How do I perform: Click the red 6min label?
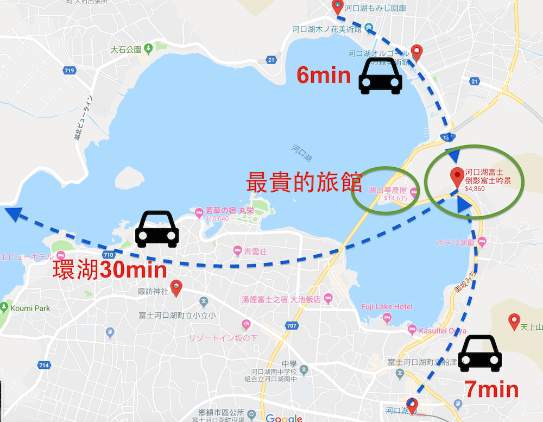pos(323,75)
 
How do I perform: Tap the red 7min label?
pos(491,389)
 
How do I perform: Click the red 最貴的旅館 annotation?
pos(304,182)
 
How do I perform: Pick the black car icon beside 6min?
pos(380,76)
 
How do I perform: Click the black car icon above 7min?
pos(479,354)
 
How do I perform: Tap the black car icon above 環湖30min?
pos(156,229)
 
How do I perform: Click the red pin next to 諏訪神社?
pos(176,288)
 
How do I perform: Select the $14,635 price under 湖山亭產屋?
pos(395,198)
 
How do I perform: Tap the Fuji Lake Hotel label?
pos(387,307)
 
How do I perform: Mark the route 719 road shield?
pos(69,71)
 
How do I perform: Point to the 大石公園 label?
pos(126,49)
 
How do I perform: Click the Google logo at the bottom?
pos(284,418)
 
